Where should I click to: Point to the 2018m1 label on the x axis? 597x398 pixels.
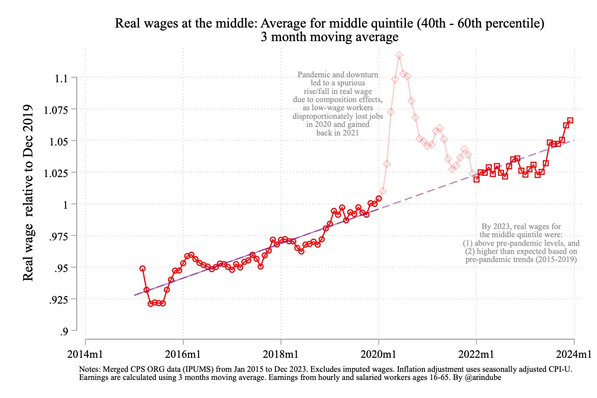[280, 355]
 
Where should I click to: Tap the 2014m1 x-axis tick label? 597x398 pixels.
[85, 355]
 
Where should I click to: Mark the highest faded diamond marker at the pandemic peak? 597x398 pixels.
[399, 55]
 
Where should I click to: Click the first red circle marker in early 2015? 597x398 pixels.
[142, 268]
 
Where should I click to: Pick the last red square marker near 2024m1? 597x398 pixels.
[570, 120]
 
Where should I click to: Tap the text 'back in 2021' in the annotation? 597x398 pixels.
[338, 133]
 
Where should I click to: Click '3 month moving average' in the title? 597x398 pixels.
[329, 37]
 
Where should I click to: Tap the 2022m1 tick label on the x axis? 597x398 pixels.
[476, 355]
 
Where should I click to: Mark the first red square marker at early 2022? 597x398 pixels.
[476, 179]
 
